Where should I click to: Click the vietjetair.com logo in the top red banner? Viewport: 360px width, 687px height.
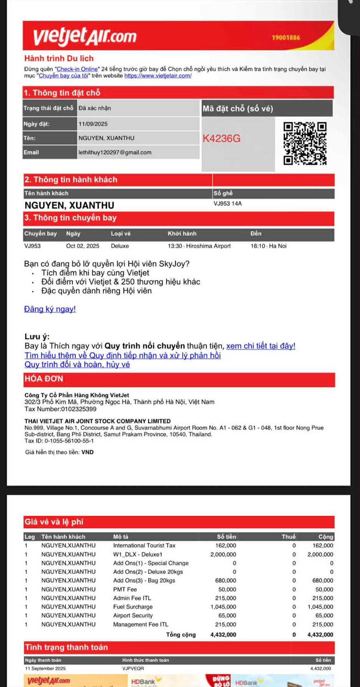click(85, 36)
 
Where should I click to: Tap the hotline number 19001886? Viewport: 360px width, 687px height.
click(286, 38)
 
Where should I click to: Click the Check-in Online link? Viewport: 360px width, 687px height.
click(77, 69)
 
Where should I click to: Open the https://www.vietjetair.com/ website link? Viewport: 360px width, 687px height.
click(158, 76)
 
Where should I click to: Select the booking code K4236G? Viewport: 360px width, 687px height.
click(222, 138)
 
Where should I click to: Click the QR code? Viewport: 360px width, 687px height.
click(305, 144)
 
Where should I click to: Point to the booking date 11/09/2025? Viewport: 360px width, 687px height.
click(93, 124)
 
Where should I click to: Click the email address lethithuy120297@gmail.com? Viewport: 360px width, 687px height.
click(115, 152)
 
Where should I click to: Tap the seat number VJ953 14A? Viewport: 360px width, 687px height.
click(227, 203)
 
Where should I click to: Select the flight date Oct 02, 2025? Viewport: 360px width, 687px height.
click(82, 246)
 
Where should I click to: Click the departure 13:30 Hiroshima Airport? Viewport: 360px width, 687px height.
click(199, 246)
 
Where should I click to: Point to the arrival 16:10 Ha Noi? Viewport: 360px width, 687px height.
click(268, 246)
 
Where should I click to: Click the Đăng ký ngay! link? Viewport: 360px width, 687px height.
click(50, 309)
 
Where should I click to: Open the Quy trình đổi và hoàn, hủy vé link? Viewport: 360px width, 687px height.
click(77, 365)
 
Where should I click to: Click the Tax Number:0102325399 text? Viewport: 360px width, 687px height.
click(60, 409)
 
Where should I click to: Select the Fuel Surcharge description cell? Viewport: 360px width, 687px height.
click(133, 607)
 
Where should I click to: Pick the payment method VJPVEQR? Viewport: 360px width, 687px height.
click(133, 668)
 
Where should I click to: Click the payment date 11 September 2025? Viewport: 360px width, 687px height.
click(45, 668)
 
